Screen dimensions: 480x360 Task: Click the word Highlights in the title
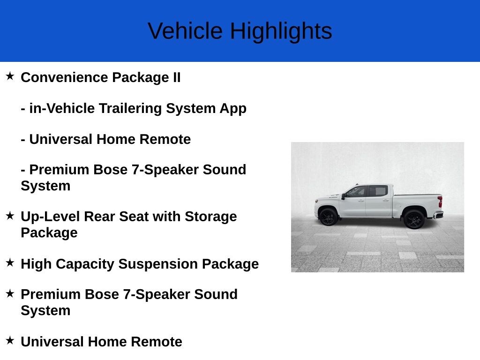point(281,31)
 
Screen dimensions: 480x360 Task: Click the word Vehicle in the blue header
point(185,31)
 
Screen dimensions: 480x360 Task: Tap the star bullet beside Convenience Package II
point(10,76)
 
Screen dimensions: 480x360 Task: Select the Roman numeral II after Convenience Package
point(177,77)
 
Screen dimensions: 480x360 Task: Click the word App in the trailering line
point(233,109)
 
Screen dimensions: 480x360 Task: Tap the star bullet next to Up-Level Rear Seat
point(10,216)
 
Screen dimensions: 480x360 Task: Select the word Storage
point(211,217)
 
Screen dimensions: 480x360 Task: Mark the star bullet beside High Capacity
point(10,262)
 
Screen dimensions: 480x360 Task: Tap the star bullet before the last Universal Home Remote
point(10,340)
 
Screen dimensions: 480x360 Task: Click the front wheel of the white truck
point(328,217)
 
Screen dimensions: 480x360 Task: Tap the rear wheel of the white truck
point(414,219)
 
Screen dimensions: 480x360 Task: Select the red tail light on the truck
point(440,202)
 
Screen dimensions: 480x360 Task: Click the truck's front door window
point(356,192)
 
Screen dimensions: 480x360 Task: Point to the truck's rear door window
point(378,191)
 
